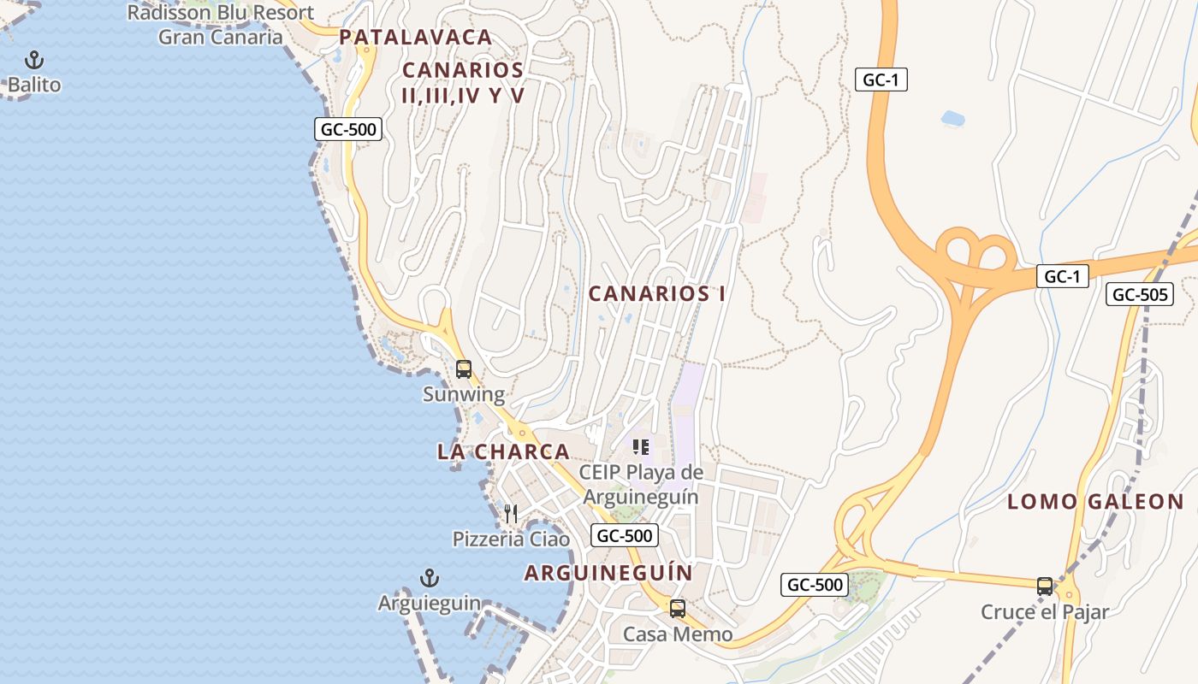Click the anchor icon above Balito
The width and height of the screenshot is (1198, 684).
pyautogui.click(x=34, y=60)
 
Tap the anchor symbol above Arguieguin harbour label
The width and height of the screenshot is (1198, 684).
pyautogui.click(x=430, y=579)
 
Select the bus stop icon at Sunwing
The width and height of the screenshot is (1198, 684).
pyautogui.click(x=464, y=369)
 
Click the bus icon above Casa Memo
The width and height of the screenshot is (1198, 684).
pyautogui.click(x=678, y=609)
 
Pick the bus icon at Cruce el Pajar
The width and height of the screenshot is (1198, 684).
pyautogui.click(x=1045, y=586)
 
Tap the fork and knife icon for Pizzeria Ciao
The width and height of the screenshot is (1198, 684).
pyautogui.click(x=511, y=514)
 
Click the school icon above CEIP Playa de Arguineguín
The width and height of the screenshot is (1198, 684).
pyautogui.click(x=641, y=447)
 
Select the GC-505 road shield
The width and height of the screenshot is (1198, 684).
pyautogui.click(x=1139, y=295)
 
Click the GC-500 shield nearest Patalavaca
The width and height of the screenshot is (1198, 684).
pyautogui.click(x=347, y=130)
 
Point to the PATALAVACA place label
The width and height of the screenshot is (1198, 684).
pyautogui.click(x=416, y=38)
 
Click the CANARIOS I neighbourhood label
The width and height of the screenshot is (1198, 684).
pyautogui.click(x=657, y=294)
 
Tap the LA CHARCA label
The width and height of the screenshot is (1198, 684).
pyautogui.click(x=503, y=452)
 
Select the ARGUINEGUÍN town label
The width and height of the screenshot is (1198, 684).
pyautogui.click(x=608, y=573)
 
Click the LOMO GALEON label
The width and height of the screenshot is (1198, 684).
pyautogui.click(x=1095, y=502)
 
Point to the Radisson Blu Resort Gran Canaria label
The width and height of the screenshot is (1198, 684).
pyautogui.click(x=221, y=25)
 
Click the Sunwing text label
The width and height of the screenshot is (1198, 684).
pyautogui.click(x=464, y=395)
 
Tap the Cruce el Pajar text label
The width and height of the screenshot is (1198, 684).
pyautogui.click(x=1045, y=612)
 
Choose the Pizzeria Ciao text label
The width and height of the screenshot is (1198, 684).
pyautogui.click(x=511, y=540)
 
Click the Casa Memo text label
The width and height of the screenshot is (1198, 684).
pyautogui.click(x=678, y=634)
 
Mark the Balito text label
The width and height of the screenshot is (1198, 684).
pyautogui.click(x=34, y=85)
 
